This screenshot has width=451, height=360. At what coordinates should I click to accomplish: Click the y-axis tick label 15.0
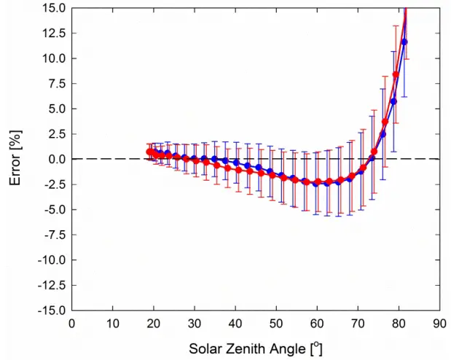pos(52,8)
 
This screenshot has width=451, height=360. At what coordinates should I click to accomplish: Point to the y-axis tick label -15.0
pos(51,310)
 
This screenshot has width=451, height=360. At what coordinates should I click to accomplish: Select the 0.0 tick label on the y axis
pos(55,159)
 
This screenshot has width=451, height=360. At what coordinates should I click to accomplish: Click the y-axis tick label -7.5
pos(53,235)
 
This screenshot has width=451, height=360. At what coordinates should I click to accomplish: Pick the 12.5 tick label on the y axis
pos(52,33)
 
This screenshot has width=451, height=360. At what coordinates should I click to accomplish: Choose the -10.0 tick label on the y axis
pos(51,259)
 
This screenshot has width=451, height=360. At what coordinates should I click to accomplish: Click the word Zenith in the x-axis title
pos(247,348)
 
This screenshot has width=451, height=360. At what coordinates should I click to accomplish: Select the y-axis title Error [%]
pos(14,158)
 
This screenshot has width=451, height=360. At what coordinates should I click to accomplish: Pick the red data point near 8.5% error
pos(396,74)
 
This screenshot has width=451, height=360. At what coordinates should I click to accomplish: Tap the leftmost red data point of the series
pos(149,152)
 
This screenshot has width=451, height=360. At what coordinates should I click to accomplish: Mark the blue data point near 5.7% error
pos(393,101)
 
